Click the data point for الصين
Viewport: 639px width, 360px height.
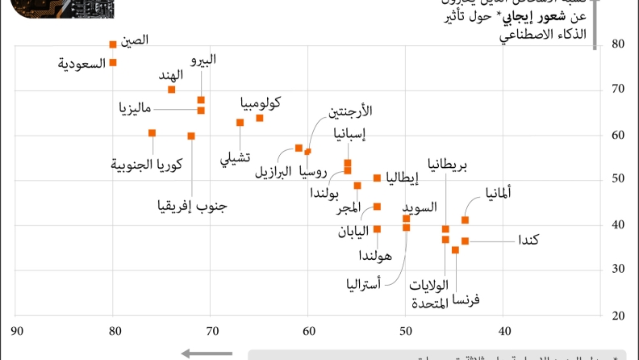[x=113, y=44]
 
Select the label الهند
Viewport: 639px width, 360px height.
[x=170, y=75]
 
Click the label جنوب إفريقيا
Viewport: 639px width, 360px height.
[x=192, y=205]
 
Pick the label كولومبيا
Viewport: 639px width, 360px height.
[x=261, y=103]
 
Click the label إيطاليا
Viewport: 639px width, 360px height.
[x=402, y=178]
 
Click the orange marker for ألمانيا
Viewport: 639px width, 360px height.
[x=465, y=220]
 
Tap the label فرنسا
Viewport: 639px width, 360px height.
[x=466, y=299]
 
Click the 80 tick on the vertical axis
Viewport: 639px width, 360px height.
[x=620, y=44]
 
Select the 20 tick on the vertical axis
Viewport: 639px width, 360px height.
[x=620, y=315]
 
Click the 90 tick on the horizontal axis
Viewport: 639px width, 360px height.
[x=15, y=330]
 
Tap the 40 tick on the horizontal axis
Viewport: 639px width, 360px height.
[x=504, y=330]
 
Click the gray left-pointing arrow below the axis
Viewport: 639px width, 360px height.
[x=207, y=353]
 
